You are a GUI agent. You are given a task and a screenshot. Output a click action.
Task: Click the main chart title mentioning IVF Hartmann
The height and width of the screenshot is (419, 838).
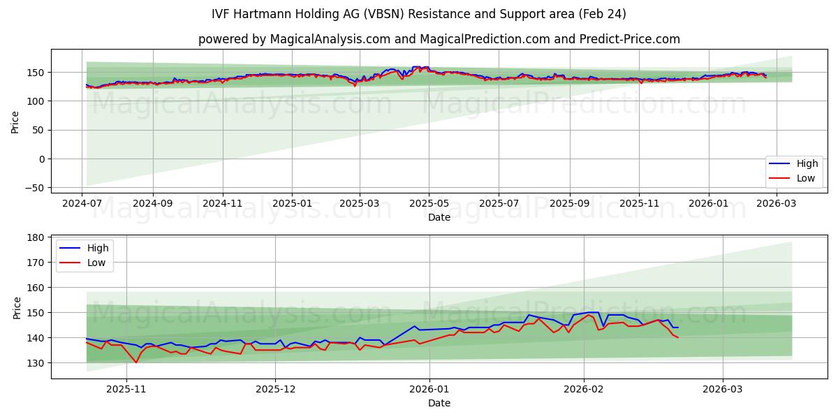(418, 14)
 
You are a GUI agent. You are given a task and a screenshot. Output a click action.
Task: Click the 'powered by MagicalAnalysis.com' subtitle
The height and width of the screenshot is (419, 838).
(439, 39)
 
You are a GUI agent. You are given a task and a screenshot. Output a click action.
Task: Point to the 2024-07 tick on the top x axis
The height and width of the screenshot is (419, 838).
(82, 203)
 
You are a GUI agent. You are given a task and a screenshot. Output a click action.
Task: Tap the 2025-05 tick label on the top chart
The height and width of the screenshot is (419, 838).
(428, 203)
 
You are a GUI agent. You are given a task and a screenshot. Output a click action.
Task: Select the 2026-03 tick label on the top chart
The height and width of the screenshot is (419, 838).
(777, 203)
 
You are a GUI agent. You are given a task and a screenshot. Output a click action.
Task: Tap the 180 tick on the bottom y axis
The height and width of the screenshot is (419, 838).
(34, 238)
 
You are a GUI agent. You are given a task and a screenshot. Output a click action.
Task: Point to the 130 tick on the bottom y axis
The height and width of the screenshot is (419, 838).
(34, 363)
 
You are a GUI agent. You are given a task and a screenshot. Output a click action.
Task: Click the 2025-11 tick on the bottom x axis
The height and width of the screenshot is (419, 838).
(126, 389)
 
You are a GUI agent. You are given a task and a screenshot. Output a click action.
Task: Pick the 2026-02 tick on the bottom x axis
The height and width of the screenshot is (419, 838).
(583, 389)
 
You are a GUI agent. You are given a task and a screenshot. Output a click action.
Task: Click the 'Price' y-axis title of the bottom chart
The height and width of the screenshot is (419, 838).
(17, 307)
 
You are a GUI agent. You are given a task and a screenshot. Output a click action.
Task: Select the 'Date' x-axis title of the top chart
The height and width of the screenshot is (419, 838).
(439, 217)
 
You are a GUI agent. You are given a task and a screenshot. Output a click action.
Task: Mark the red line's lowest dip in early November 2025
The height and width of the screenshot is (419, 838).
(136, 362)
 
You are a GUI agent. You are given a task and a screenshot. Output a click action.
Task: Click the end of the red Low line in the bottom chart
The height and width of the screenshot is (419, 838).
(677, 338)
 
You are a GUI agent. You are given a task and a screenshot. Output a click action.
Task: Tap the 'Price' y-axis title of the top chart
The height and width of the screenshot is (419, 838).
(15, 122)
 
